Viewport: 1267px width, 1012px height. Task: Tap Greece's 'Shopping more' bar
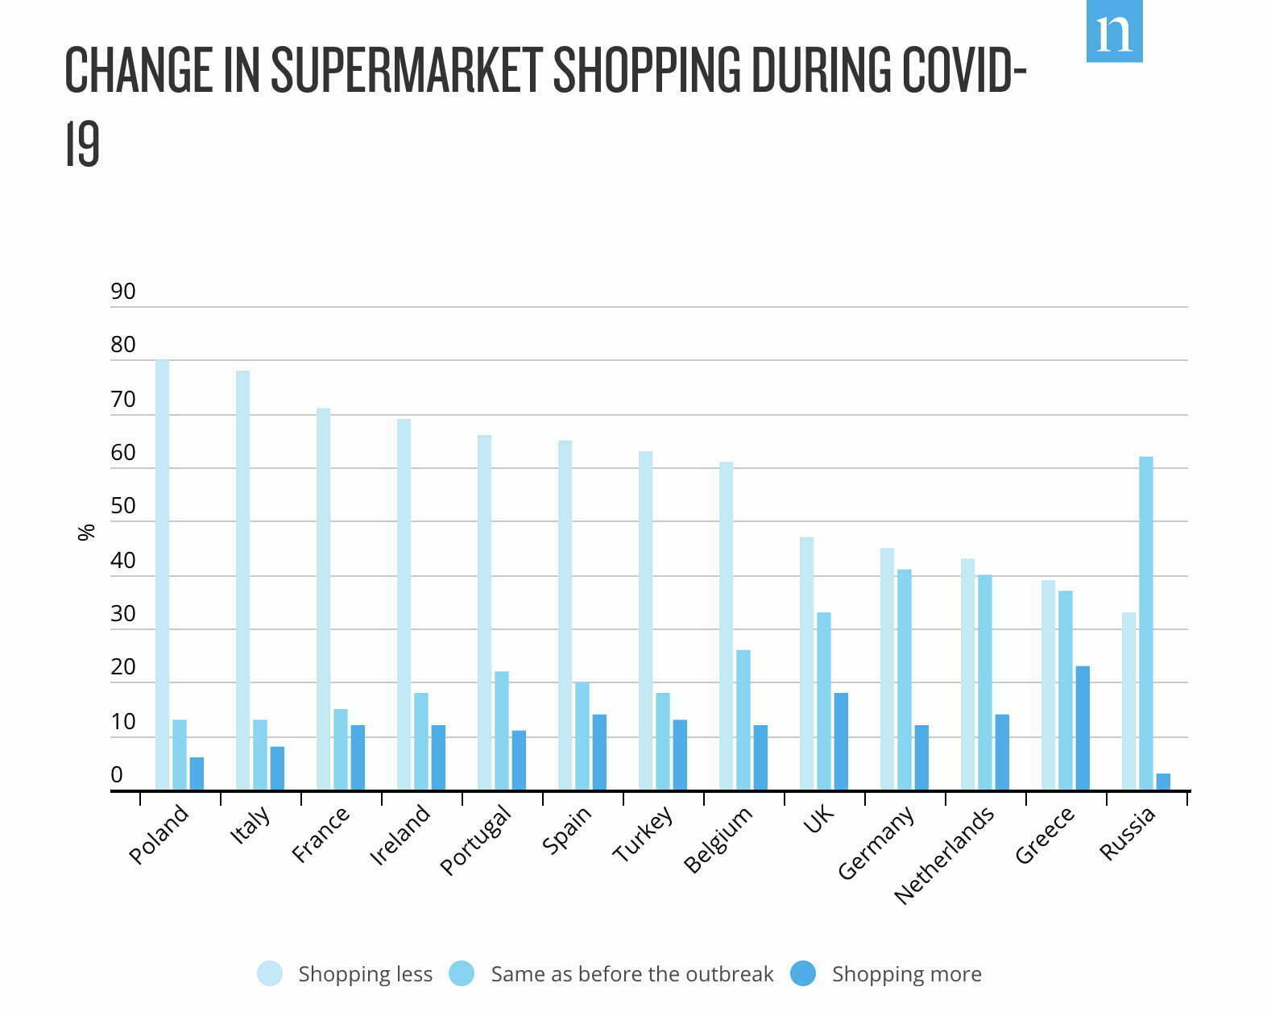pyautogui.click(x=1083, y=728)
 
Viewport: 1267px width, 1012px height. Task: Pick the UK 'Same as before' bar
pyautogui.click(x=823, y=701)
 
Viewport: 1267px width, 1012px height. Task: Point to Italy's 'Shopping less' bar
pyautogui.click(x=242, y=580)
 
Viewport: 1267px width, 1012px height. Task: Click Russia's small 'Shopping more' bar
pyautogui.click(x=1163, y=782)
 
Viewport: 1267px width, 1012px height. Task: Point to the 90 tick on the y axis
pyautogui.click(x=123, y=292)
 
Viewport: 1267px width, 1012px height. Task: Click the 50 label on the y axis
pyautogui.click(x=123, y=506)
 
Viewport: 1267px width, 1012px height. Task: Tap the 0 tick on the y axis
pyautogui.click(x=118, y=774)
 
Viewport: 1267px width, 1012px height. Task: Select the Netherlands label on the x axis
pyautogui.click(x=944, y=855)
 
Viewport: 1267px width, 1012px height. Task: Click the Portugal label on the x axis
pyautogui.click(x=476, y=840)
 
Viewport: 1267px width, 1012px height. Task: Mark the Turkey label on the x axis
pyautogui.click(x=643, y=834)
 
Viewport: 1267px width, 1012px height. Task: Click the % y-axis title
pyautogui.click(x=86, y=532)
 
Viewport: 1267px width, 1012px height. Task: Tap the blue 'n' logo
pyautogui.click(x=1114, y=31)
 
